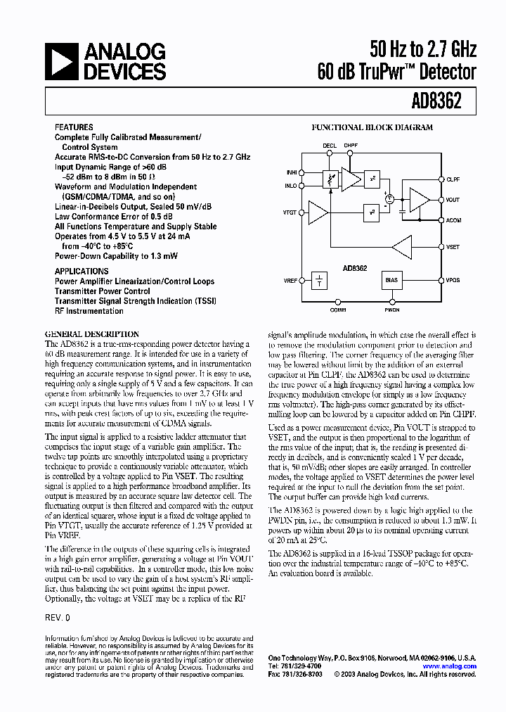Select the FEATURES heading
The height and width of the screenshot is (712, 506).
pyautogui.click(x=74, y=127)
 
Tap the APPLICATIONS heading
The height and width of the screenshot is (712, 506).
pyautogui.click(x=82, y=271)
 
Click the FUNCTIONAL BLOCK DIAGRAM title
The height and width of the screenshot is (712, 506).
pyautogui.click(x=372, y=128)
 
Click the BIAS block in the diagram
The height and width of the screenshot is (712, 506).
pyautogui.click(x=391, y=279)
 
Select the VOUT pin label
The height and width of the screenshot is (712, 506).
pyautogui.click(x=453, y=200)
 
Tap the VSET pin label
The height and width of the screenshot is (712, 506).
pyautogui.click(x=453, y=248)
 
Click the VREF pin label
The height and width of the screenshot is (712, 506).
pyautogui.click(x=292, y=280)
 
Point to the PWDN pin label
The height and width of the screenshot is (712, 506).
pyautogui.click(x=391, y=309)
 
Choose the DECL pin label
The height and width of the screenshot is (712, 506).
pyautogui.click(x=330, y=146)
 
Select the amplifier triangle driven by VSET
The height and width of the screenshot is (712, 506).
pyautogui.click(x=403, y=248)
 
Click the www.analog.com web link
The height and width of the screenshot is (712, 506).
pyautogui.click(x=449, y=666)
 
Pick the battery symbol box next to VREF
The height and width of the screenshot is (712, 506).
pyautogui.click(x=320, y=280)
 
